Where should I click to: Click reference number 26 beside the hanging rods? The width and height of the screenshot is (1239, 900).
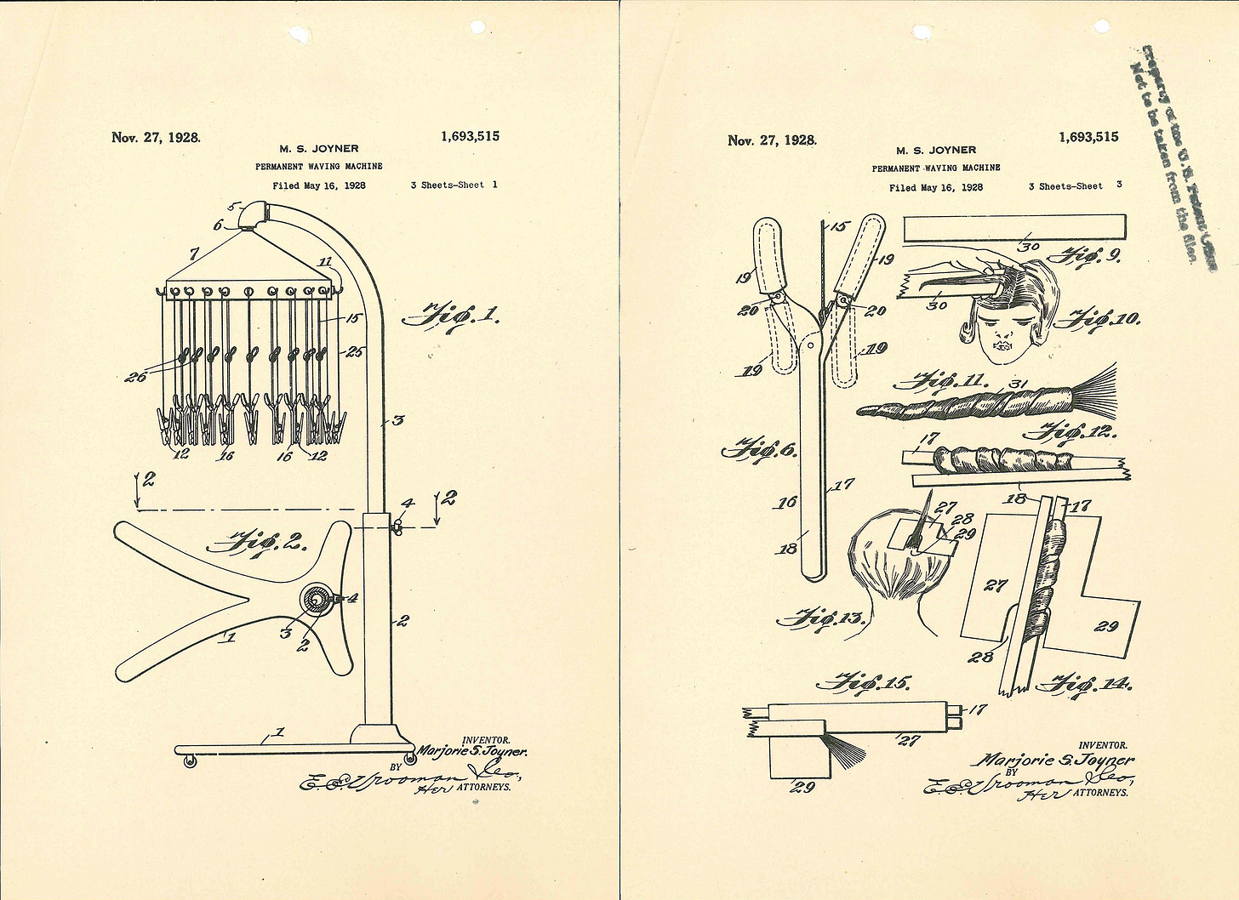tap(135, 376)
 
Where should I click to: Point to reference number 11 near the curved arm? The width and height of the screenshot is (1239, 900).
tap(325, 261)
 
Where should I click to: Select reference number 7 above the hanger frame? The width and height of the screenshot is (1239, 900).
tap(194, 253)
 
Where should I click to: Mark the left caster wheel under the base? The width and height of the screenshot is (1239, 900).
tap(189, 762)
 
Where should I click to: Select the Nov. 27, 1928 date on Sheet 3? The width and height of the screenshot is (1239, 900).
tap(772, 140)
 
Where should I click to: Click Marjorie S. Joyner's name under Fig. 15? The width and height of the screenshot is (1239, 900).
tap(1057, 760)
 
